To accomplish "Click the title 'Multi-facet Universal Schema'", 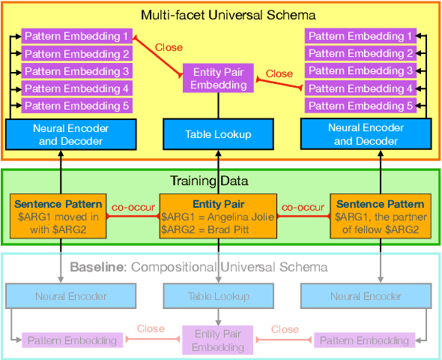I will click(x=220, y=14).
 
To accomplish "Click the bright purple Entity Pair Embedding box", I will click(x=219, y=78).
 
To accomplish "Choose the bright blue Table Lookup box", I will click(x=219, y=134).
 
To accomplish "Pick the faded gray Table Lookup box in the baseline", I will click(x=219, y=296).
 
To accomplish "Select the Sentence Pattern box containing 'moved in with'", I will click(x=58, y=217).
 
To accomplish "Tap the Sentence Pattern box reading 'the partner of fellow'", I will click(x=381, y=217).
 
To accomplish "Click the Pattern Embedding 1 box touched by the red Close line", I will click(x=76, y=36).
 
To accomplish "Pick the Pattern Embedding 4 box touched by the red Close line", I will click(x=361, y=88).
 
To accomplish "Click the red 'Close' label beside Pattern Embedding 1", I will click(x=169, y=47).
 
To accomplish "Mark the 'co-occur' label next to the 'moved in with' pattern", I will click(x=133, y=205).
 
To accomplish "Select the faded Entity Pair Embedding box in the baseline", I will click(x=219, y=340).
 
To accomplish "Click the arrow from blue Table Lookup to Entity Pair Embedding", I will click(x=219, y=106).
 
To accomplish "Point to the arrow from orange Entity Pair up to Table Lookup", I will click(x=219, y=171).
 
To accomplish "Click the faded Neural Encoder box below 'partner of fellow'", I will click(x=366, y=296).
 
